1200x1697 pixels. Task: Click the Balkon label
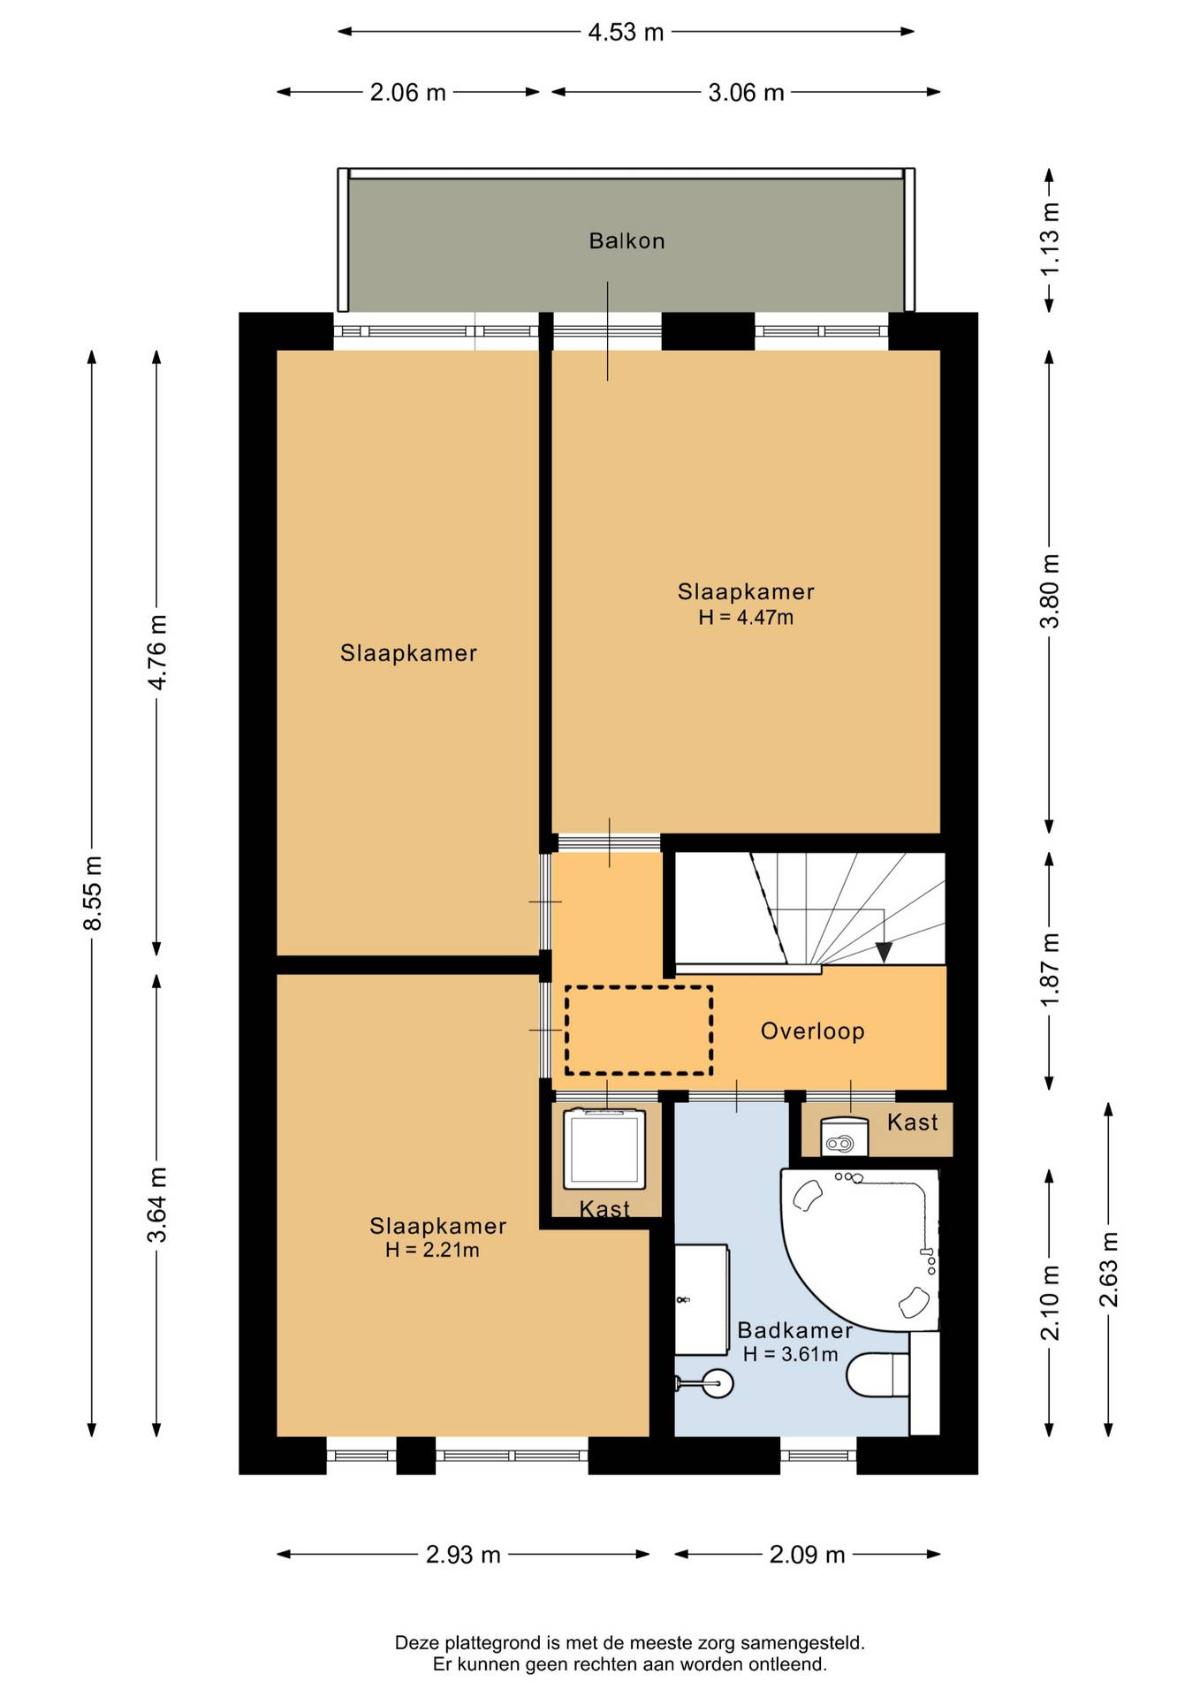tap(627, 240)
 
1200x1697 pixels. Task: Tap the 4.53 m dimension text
tap(626, 33)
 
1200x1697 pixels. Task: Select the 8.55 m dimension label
tap(93, 893)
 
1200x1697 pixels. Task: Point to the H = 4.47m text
tap(746, 618)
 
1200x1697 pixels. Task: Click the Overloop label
tap(812, 1031)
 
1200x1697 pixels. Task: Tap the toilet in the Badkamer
tap(878, 1375)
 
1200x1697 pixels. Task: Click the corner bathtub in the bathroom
tap(859, 1249)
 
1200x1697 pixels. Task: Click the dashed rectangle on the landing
tap(639, 1031)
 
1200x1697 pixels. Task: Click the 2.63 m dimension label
tap(1108, 1269)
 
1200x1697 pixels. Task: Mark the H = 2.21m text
tap(432, 1250)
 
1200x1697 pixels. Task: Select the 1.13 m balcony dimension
tap(1050, 240)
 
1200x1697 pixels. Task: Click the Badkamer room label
tap(794, 1330)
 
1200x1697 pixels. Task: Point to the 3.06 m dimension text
tap(746, 93)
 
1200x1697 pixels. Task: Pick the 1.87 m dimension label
tap(1050, 970)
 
